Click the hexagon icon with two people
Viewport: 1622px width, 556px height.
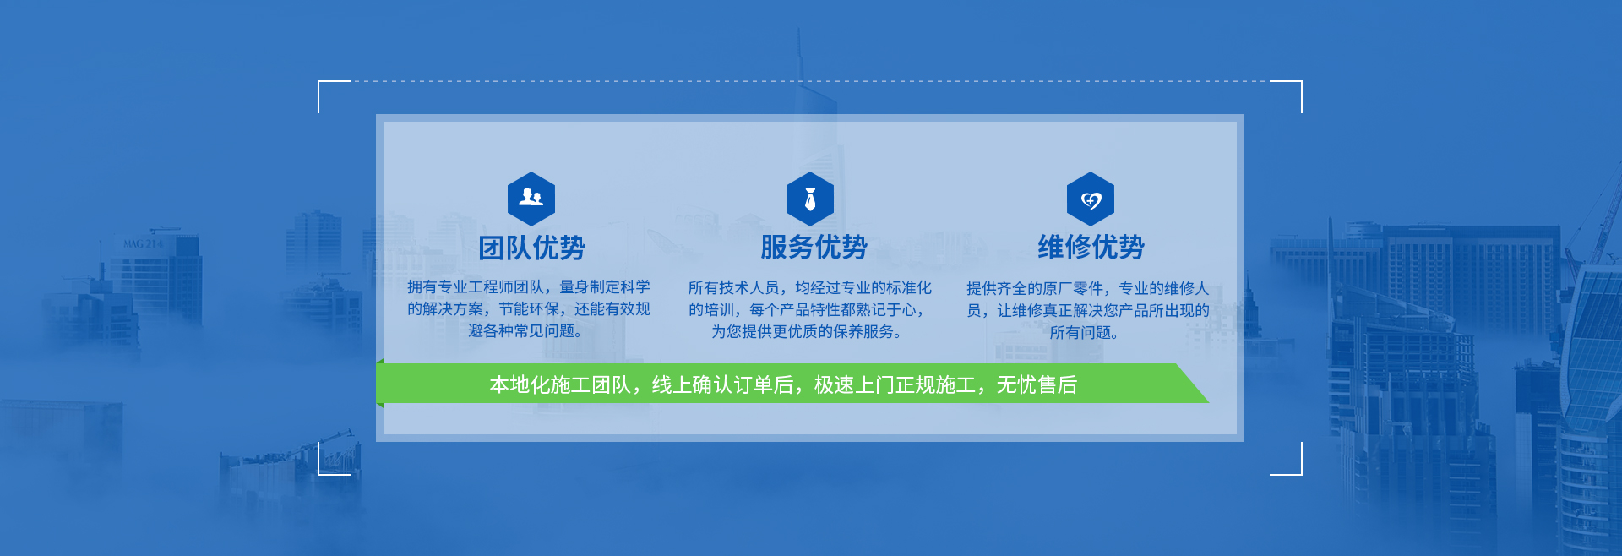coord(531,199)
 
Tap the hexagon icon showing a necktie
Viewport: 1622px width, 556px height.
coord(810,199)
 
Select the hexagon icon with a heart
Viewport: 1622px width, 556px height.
coord(1091,199)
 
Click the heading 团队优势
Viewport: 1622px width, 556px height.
coord(531,248)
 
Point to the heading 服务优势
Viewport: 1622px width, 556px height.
coord(814,247)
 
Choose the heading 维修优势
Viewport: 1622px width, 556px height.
coord(1091,247)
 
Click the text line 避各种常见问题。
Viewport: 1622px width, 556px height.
coord(525,331)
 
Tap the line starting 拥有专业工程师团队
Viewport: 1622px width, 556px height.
coord(529,287)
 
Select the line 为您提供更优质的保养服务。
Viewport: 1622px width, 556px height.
coord(807,332)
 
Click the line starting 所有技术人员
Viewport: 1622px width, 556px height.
coord(809,288)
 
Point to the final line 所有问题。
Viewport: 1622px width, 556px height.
coord(1085,333)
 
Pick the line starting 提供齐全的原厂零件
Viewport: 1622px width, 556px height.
coord(1088,289)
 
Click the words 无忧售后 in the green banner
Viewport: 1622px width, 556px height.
coord(1037,385)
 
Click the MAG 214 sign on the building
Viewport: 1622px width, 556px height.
coord(143,244)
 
